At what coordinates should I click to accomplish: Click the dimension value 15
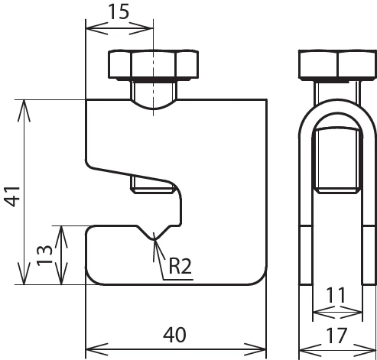pyautogui.click(x=119, y=13)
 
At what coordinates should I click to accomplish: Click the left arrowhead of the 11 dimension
pyautogui.click(x=314, y=310)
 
